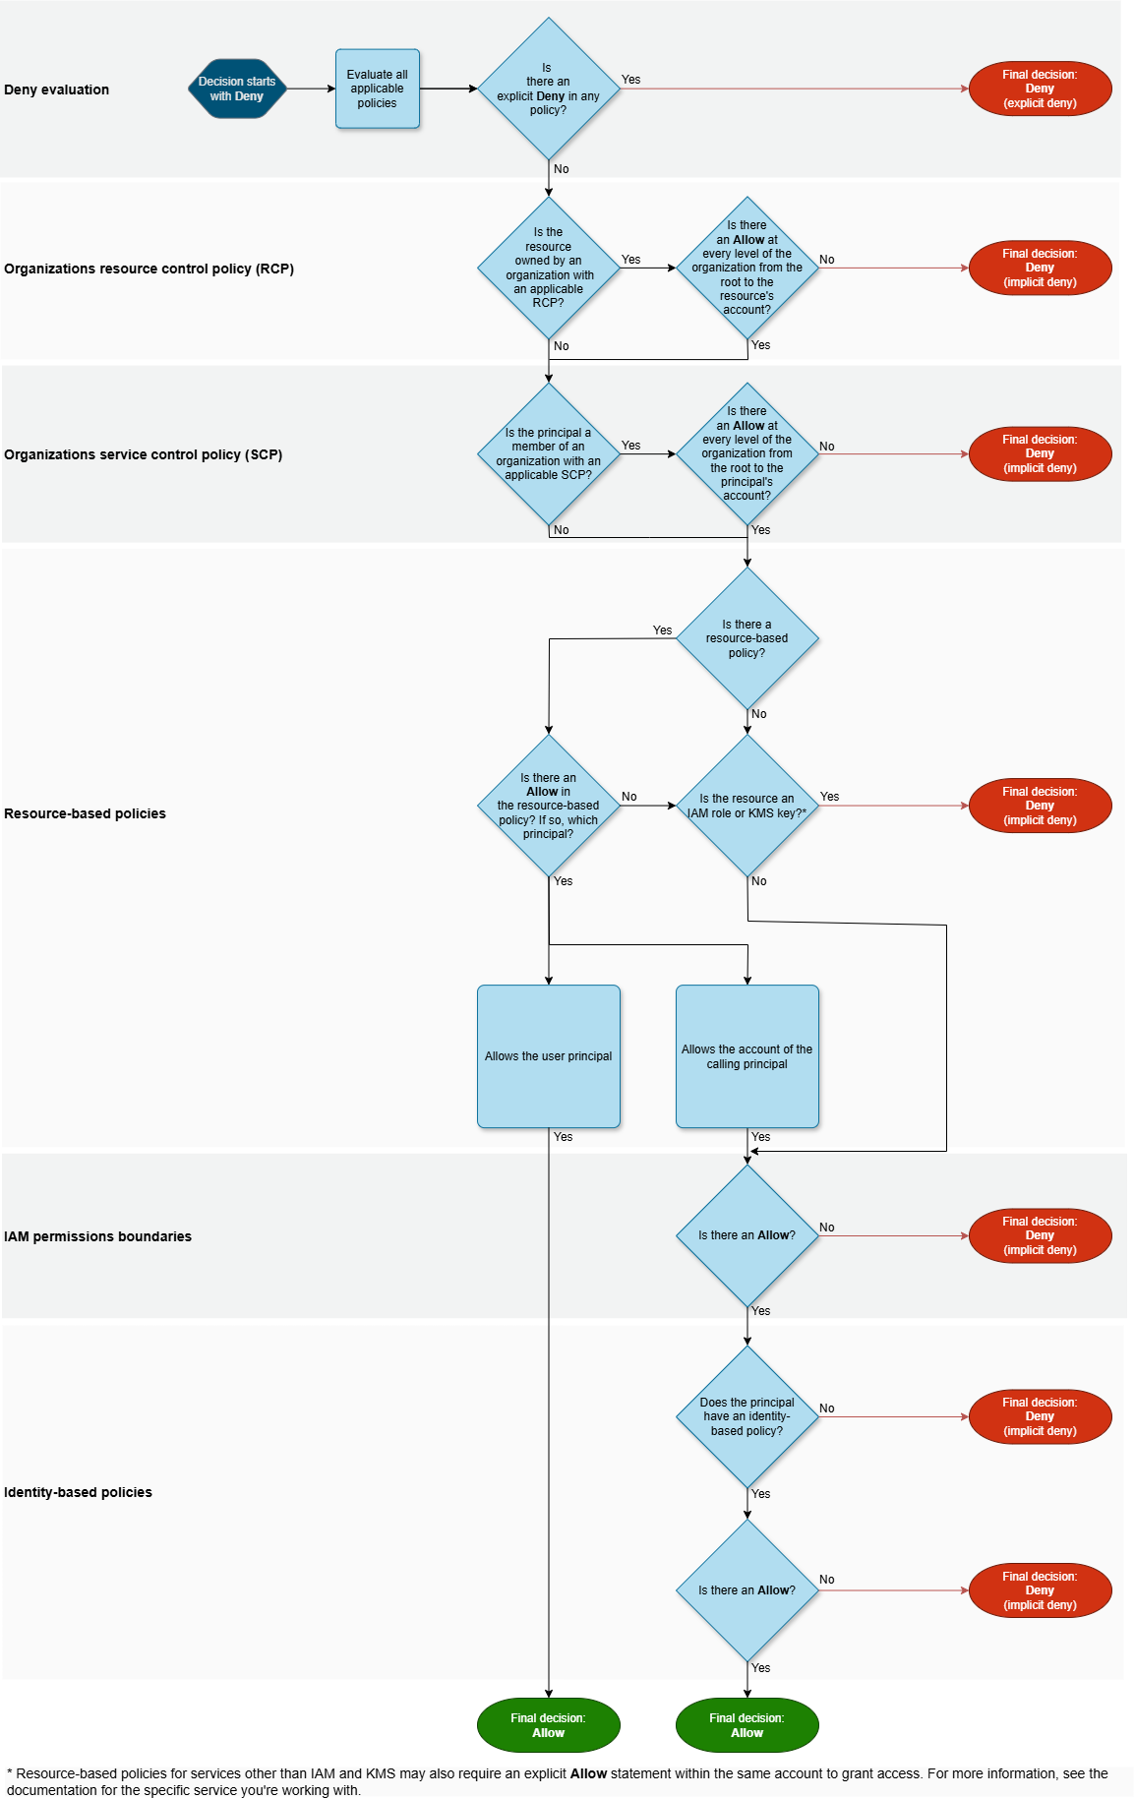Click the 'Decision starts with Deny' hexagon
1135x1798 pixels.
tap(237, 89)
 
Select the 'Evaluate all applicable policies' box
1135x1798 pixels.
tap(377, 89)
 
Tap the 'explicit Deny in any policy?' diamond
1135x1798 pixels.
tap(548, 90)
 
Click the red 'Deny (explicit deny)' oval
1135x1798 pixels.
tap(1040, 89)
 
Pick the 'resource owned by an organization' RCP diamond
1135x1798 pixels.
tap(548, 268)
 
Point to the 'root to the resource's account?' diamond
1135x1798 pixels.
tap(747, 268)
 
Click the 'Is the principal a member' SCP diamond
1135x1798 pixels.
tap(548, 453)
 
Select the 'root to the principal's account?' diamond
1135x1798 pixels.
tap(747, 453)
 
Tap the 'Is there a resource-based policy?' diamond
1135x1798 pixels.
tap(747, 638)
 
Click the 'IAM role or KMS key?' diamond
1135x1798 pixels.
tap(747, 806)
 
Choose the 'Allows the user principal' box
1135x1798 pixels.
tap(548, 1056)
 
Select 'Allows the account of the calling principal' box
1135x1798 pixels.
tap(747, 1056)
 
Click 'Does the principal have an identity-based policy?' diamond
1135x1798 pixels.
tap(747, 1416)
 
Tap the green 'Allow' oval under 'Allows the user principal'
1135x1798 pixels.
tap(548, 1725)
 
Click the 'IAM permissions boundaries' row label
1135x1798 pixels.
tap(97, 1236)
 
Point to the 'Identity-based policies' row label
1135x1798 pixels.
tap(78, 1492)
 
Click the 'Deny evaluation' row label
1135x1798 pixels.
tap(56, 90)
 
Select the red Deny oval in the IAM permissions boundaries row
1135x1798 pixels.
tap(1040, 1235)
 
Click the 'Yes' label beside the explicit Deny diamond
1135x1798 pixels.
tap(630, 80)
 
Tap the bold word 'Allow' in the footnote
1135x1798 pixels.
tap(588, 1773)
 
